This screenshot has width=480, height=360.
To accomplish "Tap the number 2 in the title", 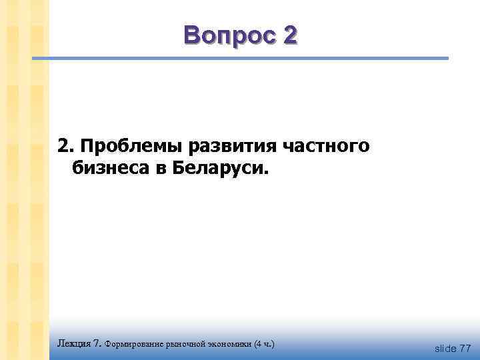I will (289, 35).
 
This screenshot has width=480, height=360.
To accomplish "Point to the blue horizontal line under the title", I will (240, 59).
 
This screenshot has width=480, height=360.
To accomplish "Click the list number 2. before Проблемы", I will (66, 146).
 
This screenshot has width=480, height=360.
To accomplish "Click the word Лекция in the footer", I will (74, 344).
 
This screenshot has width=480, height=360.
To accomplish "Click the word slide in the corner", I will (445, 348).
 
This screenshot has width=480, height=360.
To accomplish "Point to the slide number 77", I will (465, 348).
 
